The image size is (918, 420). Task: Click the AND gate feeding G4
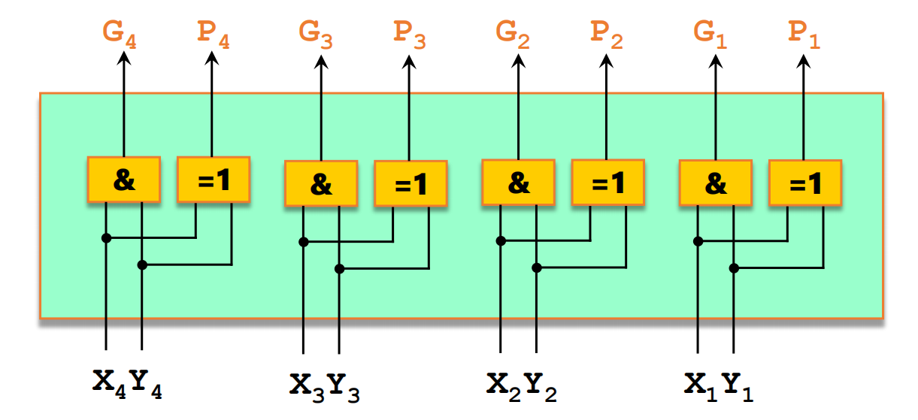pos(124,180)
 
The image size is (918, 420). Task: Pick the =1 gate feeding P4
pos(214,180)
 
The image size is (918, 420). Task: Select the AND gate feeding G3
pos(321,184)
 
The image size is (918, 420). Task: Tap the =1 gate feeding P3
pos(411,184)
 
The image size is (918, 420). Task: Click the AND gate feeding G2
pos(518,183)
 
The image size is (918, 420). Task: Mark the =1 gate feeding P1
pos(804,183)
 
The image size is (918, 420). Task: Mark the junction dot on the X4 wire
pos(106,238)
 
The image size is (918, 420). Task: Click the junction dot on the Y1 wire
pos(735,267)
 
